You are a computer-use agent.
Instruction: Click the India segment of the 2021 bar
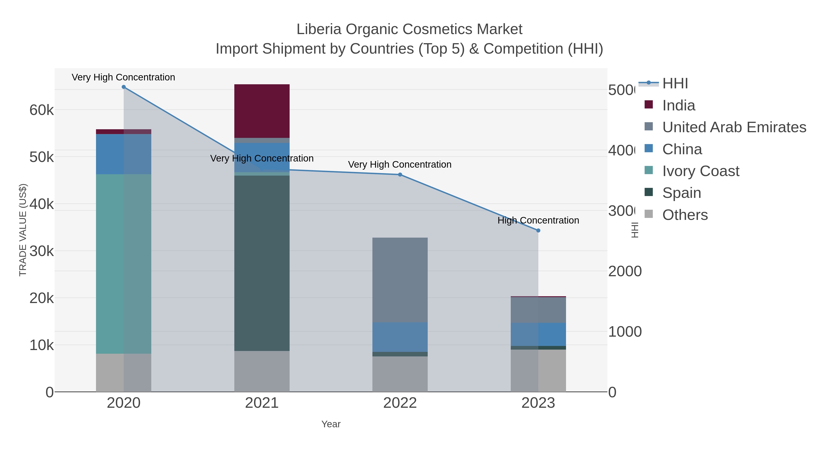click(262, 111)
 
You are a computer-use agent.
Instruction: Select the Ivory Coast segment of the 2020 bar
click(123, 264)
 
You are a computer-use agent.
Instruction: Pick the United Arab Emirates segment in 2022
click(400, 280)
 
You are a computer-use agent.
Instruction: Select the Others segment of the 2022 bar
click(400, 374)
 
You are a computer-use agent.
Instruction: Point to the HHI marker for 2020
click(124, 87)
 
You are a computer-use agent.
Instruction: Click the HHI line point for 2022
click(400, 175)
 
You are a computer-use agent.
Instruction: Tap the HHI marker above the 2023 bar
click(538, 231)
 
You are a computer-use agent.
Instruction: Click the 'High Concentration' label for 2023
click(538, 220)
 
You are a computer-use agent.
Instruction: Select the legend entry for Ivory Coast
click(700, 171)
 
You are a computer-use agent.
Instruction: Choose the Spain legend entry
click(681, 193)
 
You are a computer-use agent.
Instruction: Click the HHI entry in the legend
click(675, 84)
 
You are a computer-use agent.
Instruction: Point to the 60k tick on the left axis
click(41, 110)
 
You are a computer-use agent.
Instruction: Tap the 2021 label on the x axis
click(262, 403)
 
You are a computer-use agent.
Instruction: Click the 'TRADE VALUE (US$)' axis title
click(23, 230)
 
